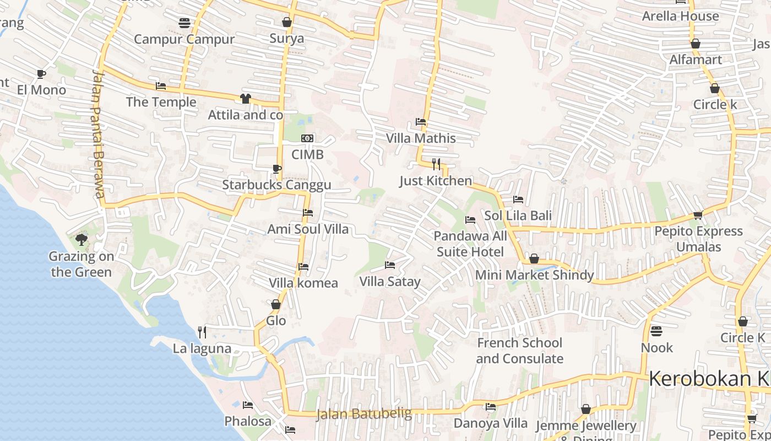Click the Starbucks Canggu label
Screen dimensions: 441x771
(276, 185)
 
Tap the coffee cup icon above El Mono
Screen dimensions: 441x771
(41, 74)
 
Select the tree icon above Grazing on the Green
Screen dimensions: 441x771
(82, 239)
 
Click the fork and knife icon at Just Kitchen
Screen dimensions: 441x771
(436, 164)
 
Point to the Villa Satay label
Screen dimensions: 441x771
(390, 282)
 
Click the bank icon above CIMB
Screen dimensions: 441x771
(307, 138)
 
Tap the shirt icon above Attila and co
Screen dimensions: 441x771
(246, 99)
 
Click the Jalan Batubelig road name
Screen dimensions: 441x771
(364, 414)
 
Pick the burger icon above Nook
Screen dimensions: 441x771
(656, 331)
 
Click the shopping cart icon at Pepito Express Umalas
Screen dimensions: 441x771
(698, 215)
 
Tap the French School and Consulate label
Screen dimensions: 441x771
(519, 351)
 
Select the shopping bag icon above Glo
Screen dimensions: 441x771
(276, 304)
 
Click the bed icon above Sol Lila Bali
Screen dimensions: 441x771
(518, 199)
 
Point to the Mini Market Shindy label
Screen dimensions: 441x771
(534, 275)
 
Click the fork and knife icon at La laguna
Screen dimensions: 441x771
(202, 332)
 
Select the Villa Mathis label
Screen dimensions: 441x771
(421, 138)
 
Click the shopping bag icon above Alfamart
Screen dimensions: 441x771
(696, 43)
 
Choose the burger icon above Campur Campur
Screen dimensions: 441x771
(184, 23)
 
